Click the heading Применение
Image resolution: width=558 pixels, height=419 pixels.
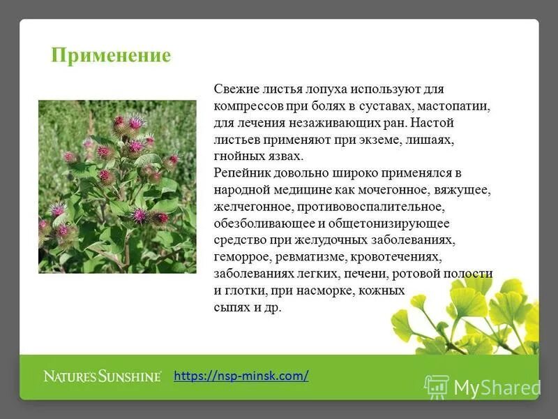click(x=111, y=56)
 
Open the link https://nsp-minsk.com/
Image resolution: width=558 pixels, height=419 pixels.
click(x=241, y=376)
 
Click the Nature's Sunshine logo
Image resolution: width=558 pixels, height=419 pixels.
click(x=103, y=376)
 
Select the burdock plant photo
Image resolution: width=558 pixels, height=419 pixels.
click(x=117, y=186)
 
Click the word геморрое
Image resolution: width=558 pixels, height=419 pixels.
click(x=241, y=257)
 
